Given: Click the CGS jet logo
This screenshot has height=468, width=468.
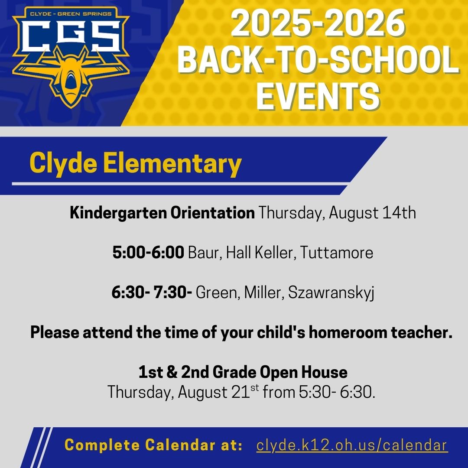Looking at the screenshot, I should (71, 56).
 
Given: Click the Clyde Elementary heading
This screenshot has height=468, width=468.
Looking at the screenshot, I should (135, 164).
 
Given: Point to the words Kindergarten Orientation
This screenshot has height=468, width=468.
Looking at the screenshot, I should (162, 213).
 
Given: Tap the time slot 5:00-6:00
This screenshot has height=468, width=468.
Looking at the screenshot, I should (148, 253).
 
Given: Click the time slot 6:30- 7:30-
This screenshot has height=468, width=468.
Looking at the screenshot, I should (152, 292).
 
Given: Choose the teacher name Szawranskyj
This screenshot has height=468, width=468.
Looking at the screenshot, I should (331, 292).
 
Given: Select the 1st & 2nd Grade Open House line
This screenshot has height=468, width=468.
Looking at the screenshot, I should (243, 372).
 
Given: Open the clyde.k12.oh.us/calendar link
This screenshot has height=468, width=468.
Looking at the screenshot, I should (352, 445).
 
